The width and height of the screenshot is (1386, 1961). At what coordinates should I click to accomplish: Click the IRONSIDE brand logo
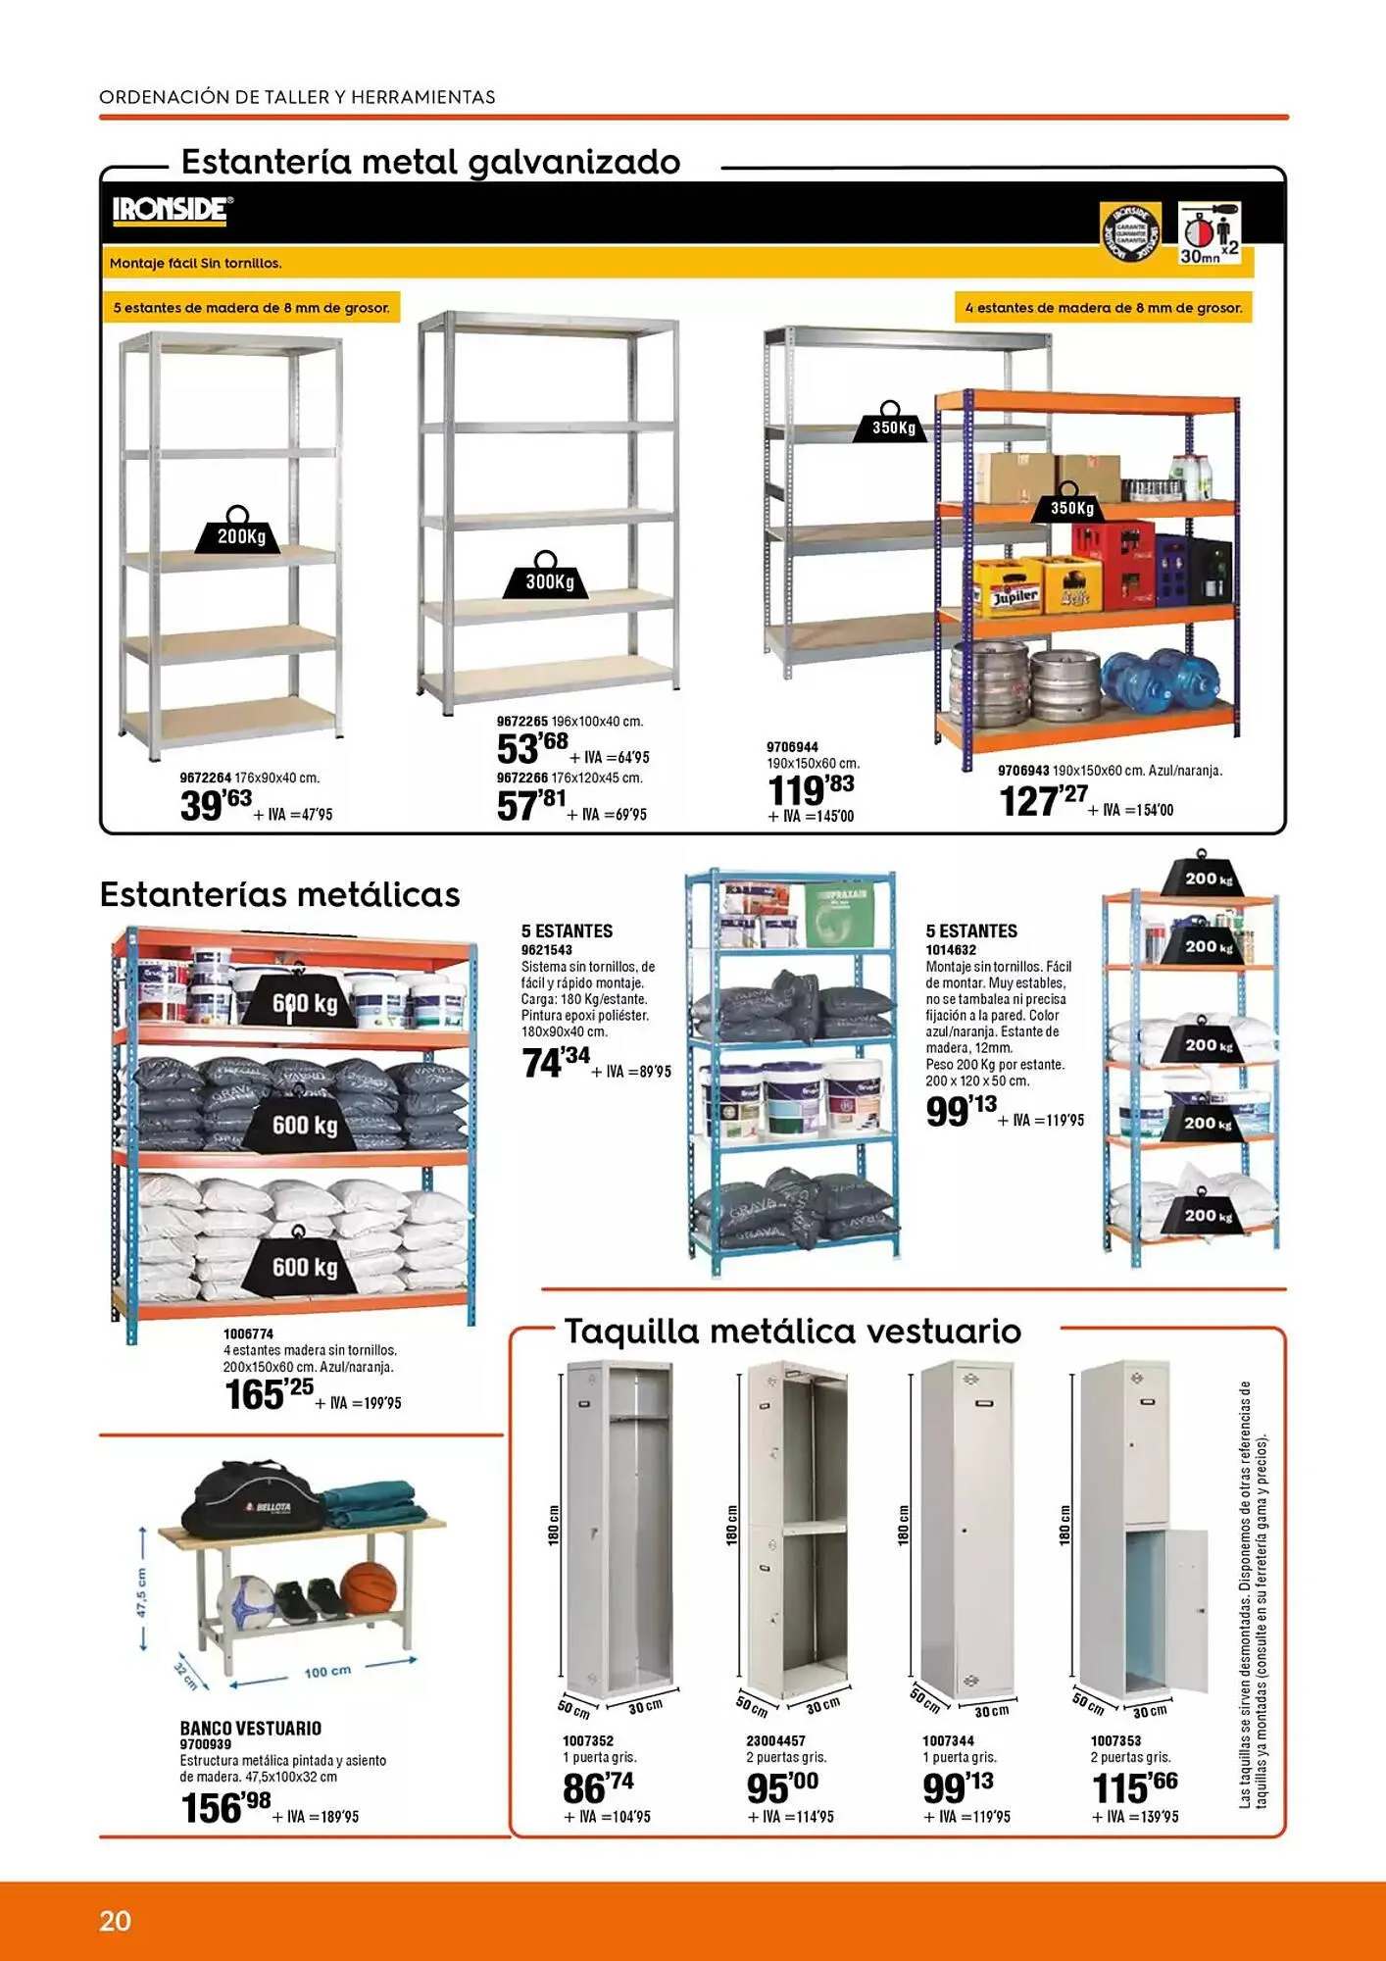[173, 210]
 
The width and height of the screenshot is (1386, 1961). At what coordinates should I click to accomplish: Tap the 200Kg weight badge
[238, 533]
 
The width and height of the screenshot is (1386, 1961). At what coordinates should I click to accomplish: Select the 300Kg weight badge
[547, 579]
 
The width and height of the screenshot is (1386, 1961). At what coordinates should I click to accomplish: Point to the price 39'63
[217, 805]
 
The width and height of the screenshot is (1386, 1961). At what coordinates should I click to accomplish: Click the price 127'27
[1043, 800]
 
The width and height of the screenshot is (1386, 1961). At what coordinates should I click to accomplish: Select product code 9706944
[792, 747]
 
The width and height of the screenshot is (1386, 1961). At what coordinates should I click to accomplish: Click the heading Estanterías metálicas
[279, 895]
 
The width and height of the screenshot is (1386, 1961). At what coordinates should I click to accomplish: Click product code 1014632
[951, 950]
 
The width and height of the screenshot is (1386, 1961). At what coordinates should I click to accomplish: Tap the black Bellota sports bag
[254, 1501]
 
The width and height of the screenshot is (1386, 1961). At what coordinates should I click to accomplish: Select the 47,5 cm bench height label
[142, 1594]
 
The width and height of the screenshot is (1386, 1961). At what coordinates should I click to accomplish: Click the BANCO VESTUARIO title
[250, 1729]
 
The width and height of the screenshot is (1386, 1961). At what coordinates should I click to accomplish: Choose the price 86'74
[598, 1787]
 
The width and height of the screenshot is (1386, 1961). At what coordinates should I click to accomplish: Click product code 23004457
[775, 1741]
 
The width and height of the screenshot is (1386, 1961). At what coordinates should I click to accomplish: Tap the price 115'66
[1134, 1787]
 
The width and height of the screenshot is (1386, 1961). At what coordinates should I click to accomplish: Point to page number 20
[115, 1920]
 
